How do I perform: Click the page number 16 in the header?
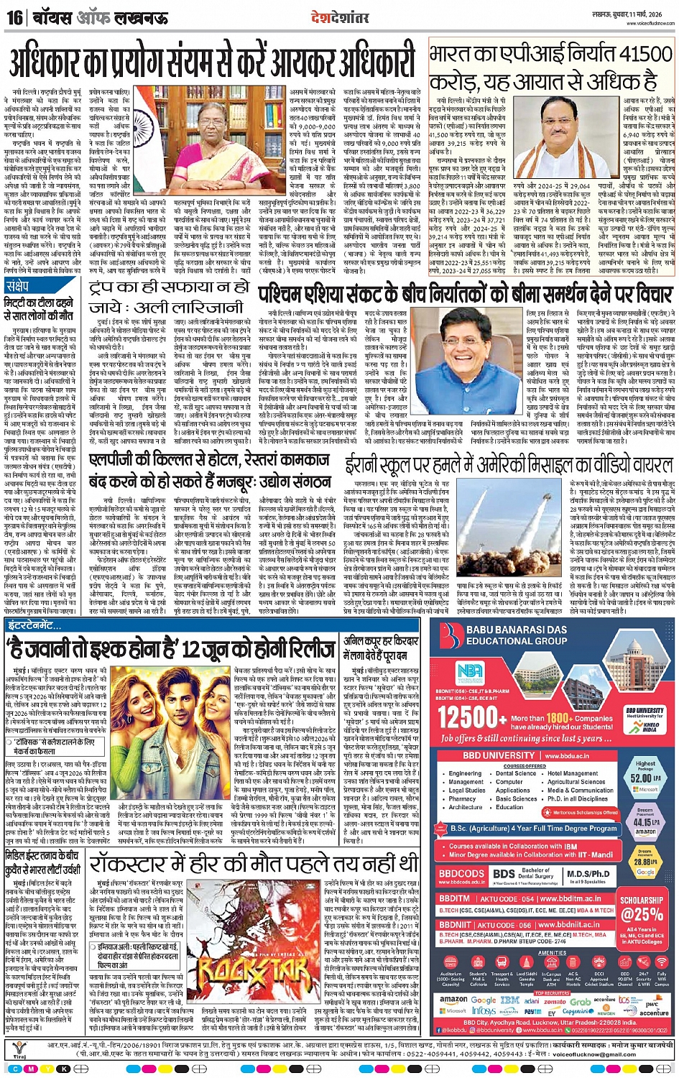click(14, 17)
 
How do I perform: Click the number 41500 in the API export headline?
click(625, 55)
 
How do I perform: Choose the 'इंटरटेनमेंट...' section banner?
click(34, 625)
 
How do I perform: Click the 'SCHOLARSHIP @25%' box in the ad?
click(642, 908)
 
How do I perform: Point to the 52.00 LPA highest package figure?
click(645, 778)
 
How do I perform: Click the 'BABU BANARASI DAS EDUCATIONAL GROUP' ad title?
click(516, 635)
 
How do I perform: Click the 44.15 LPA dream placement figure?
click(645, 821)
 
